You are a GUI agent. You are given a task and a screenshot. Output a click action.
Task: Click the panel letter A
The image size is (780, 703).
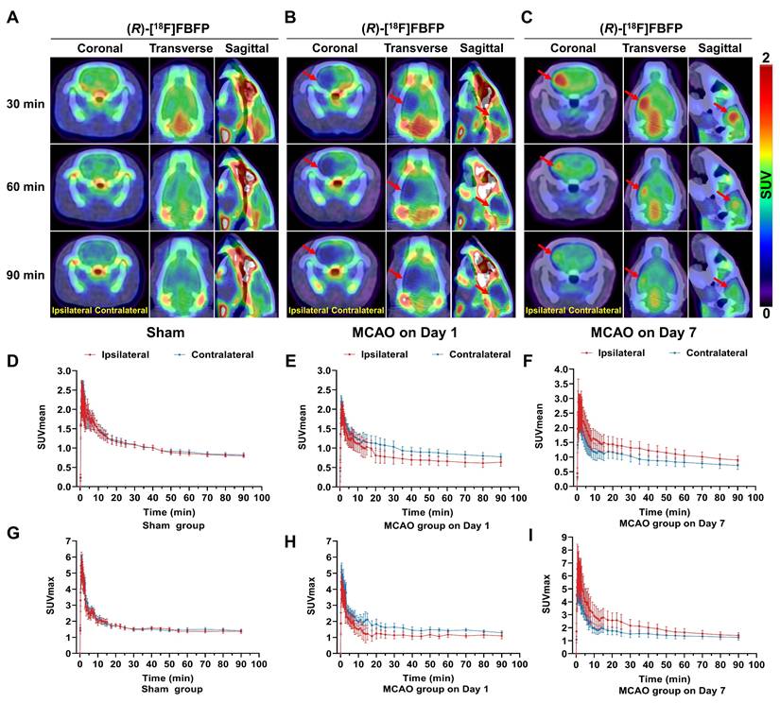[11, 17]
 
